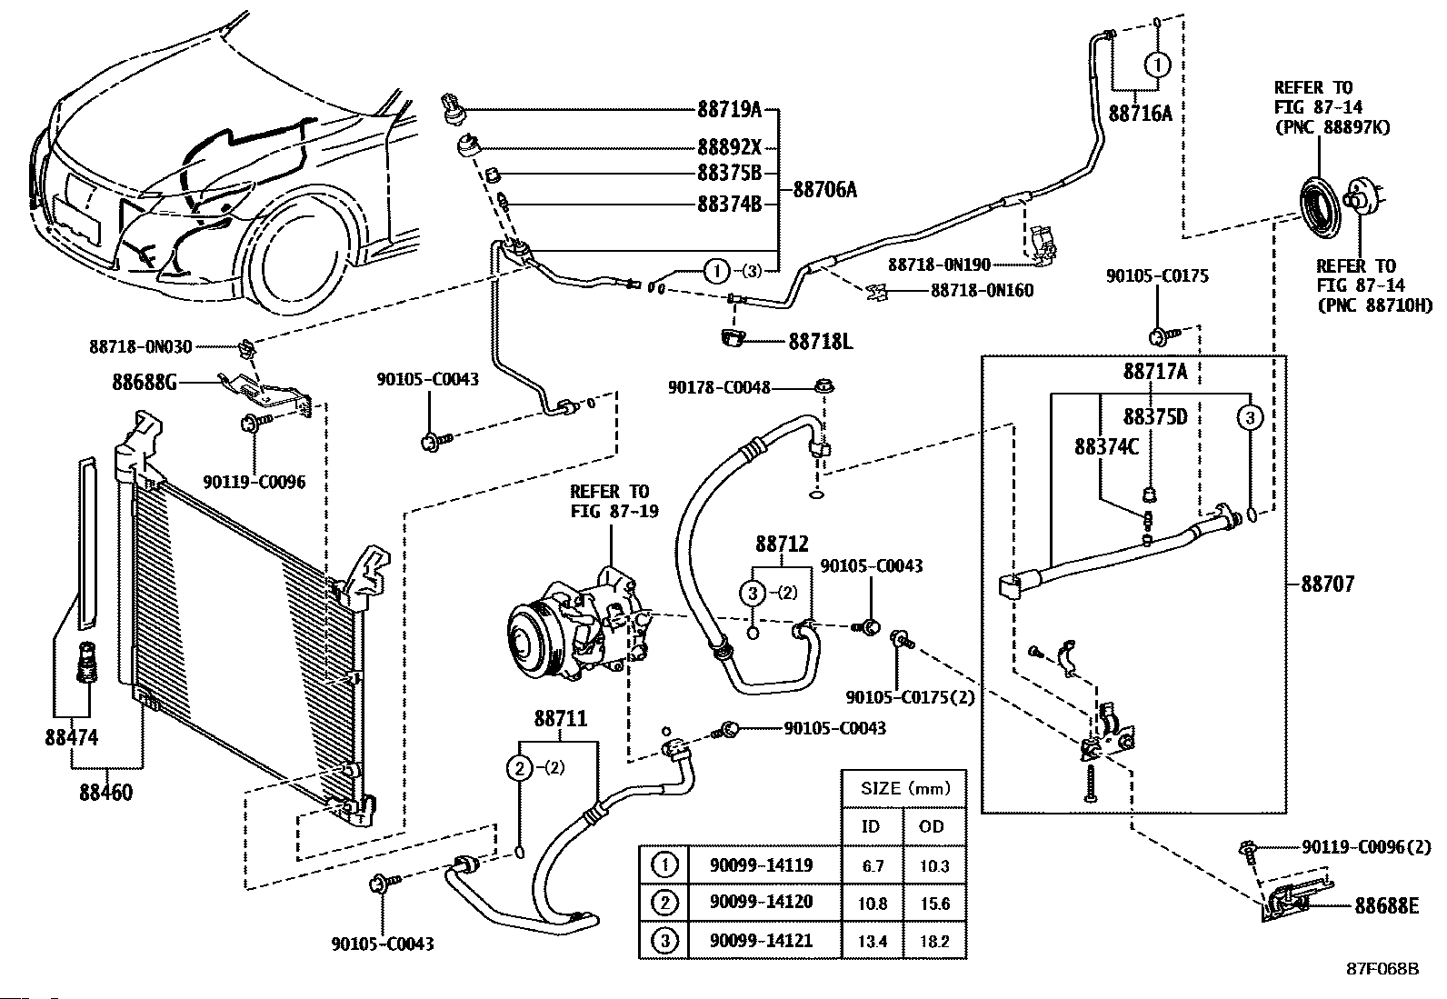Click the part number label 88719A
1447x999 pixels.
point(729,110)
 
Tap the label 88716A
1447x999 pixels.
point(1140,113)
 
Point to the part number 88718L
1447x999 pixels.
point(820,341)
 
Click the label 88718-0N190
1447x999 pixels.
point(939,265)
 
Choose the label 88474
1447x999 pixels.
point(72,738)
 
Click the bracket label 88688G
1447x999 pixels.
point(144,383)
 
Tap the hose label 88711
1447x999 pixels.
point(560,719)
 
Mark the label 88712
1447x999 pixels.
point(781,544)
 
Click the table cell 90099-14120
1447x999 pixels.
point(761,902)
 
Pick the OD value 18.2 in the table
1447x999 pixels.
point(934,941)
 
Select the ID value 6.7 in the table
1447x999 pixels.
point(873,865)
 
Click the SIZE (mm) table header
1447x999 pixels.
point(903,788)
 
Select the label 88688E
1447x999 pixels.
point(1386,905)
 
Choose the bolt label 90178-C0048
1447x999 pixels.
point(719,387)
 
